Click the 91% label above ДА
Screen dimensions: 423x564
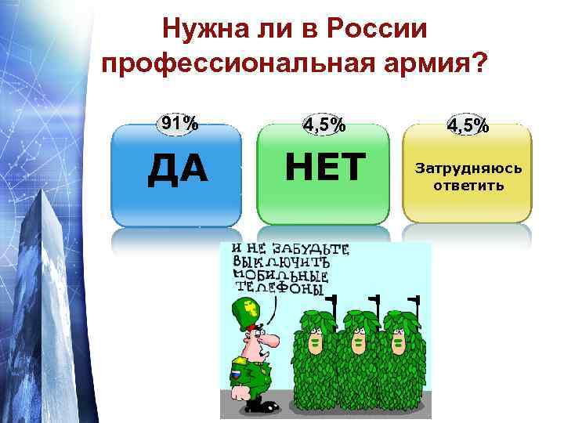(x=179, y=123)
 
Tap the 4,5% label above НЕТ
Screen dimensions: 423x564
(x=324, y=124)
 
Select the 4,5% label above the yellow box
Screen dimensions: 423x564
(x=468, y=125)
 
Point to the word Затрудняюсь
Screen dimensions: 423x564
(x=468, y=168)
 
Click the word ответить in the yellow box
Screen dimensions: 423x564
(x=468, y=186)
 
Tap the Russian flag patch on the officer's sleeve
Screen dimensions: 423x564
(x=234, y=374)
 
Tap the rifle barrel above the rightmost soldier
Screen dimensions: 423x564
(x=414, y=301)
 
